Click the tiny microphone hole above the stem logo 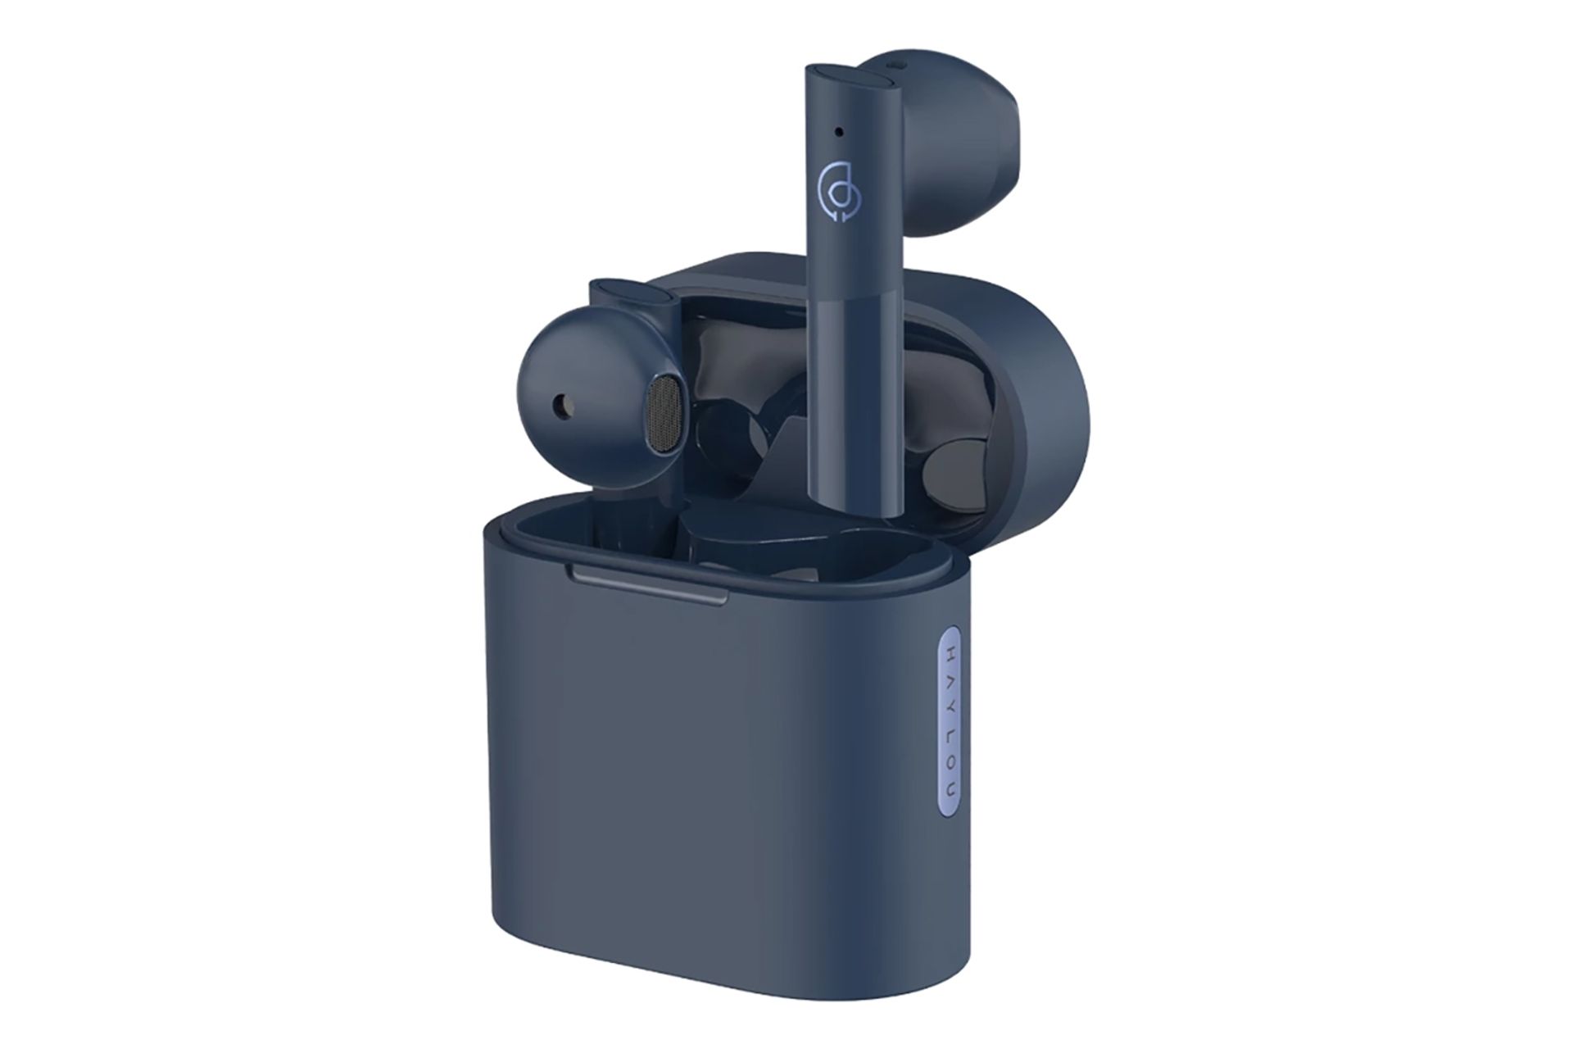839,129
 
